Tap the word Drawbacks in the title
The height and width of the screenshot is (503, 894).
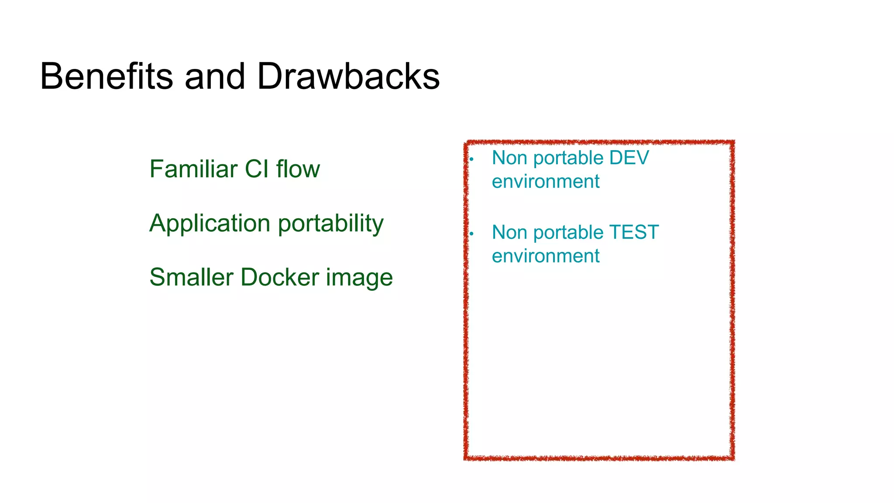pyautogui.click(x=348, y=76)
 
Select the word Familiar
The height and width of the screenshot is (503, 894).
pyautogui.click(x=193, y=169)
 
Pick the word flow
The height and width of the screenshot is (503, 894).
pyautogui.click(x=298, y=169)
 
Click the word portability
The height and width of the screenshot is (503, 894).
pyautogui.click(x=330, y=224)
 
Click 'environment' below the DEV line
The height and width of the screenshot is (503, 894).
pyautogui.click(x=546, y=182)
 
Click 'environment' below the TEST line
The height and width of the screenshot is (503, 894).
pyautogui.click(x=546, y=256)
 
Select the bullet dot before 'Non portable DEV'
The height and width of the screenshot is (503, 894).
pyautogui.click(x=471, y=159)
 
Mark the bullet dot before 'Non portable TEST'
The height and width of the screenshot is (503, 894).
pyautogui.click(x=471, y=234)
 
